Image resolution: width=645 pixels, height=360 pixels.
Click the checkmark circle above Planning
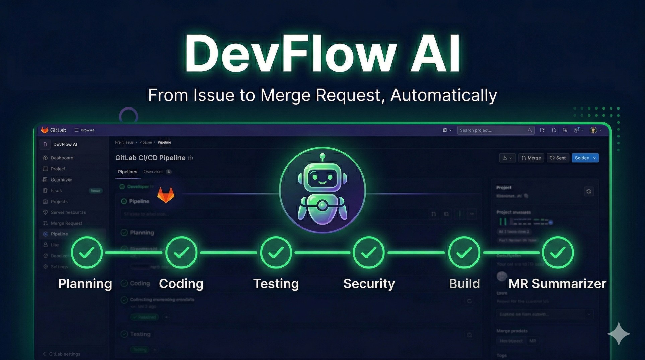pos(87,253)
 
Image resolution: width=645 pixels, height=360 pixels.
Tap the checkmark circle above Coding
pos(181,253)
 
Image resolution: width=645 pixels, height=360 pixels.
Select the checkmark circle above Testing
pos(276,253)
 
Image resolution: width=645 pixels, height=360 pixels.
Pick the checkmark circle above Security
pos(369,253)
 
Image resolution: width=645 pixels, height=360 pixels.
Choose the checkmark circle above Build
pos(464,253)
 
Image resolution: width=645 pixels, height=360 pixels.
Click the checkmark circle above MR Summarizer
pos(558,253)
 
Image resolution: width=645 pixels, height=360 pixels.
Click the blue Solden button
pos(585,158)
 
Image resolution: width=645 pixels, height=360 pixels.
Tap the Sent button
pos(558,158)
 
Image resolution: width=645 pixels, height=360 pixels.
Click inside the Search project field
pos(492,130)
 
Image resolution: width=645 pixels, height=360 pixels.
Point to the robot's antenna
pos(322,157)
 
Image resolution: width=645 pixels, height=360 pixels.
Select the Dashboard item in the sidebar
pos(62,158)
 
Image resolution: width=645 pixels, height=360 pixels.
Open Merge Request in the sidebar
pos(66,223)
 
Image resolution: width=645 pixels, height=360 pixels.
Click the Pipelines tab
pos(127,172)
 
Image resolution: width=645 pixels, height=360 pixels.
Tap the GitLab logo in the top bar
pos(45,130)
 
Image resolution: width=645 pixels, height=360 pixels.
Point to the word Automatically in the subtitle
pos(443,95)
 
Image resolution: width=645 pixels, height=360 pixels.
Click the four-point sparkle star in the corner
pos(619,334)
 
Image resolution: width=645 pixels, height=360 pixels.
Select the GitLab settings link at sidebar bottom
pos(64,354)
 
